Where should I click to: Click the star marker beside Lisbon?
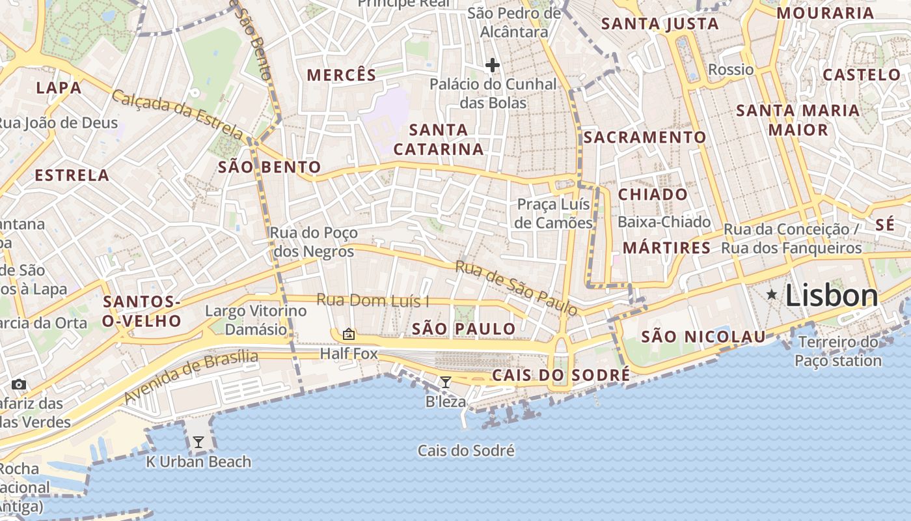772,295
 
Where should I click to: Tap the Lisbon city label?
832,296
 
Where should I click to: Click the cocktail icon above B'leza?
446,382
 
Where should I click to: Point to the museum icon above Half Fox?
349,335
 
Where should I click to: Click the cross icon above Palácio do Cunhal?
493,65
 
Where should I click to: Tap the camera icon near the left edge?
19,384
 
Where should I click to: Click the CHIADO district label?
652,194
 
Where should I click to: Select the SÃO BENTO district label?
269,167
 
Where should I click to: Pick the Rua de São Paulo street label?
516,288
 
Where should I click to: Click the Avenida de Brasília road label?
191,376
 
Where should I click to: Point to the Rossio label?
731,70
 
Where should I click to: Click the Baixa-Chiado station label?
664,222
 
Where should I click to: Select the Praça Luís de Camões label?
554,214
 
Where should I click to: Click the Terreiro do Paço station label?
838,351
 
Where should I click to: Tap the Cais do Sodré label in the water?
466,451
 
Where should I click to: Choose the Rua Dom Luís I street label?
373,300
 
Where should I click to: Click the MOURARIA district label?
824,13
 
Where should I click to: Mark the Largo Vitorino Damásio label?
256,320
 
